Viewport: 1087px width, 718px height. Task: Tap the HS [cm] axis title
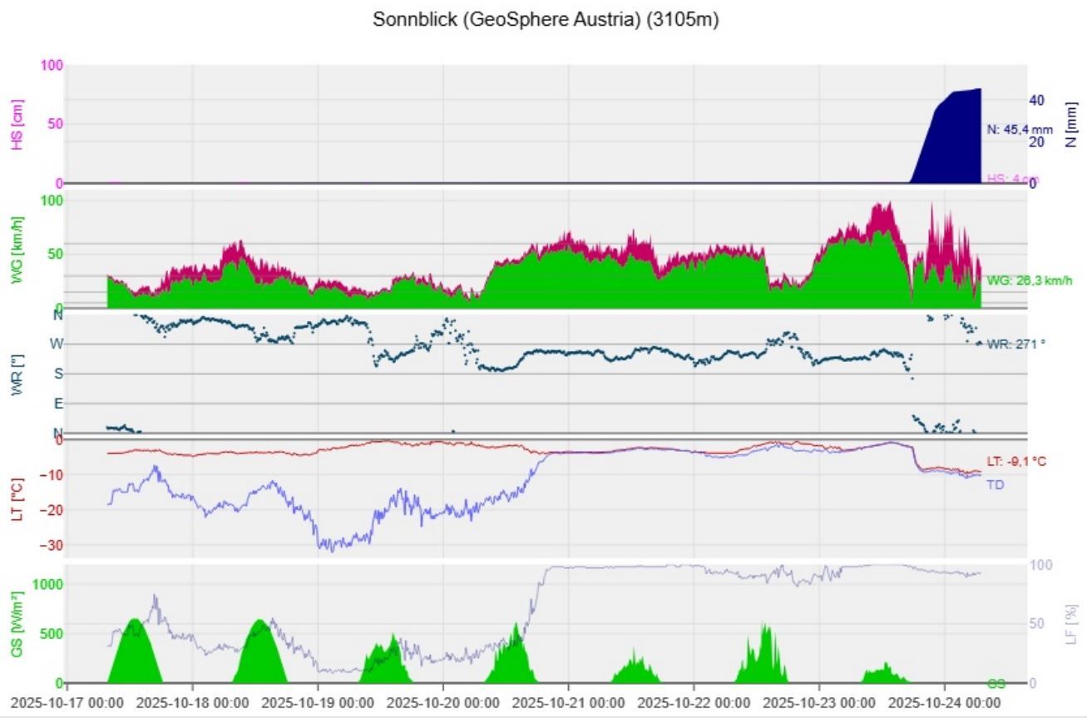tap(18, 125)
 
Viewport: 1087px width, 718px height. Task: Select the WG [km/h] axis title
tap(18, 250)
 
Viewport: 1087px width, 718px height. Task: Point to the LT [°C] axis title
tap(18, 499)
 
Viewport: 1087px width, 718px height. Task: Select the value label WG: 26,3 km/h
tap(1030, 281)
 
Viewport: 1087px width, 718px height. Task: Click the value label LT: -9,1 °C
tap(1017, 462)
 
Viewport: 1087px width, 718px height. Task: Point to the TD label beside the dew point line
tap(995, 484)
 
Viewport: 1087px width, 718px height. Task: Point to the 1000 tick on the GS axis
tap(48, 584)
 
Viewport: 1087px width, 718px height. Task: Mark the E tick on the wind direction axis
tap(57, 404)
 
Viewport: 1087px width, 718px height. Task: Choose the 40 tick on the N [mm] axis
tap(1013, 100)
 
